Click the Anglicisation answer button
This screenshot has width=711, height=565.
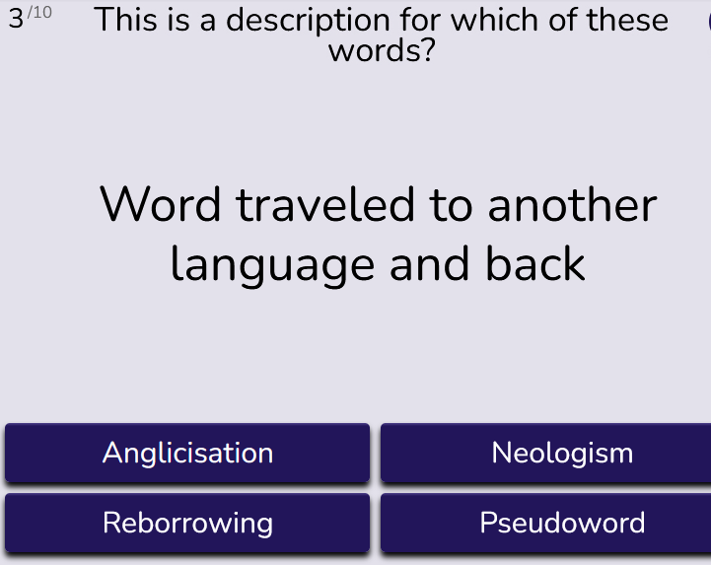click(187, 453)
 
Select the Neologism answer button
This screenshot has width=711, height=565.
click(546, 453)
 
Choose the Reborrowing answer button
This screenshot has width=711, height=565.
click(187, 523)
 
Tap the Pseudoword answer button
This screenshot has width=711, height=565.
click(546, 523)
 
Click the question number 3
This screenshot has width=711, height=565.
click(16, 19)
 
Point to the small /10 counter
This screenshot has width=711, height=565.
click(39, 12)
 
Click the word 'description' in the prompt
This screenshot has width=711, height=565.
click(308, 21)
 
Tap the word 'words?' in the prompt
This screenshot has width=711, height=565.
click(382, 50)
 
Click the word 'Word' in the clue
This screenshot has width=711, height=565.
click(160, 204)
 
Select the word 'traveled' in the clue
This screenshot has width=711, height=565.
click(325, 204)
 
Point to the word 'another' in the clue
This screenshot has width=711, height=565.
click(573, 204)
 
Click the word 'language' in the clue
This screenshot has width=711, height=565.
click(272, 265)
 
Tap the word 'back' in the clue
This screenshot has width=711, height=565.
click(535, 263)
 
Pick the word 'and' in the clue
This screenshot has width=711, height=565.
click(429, 263)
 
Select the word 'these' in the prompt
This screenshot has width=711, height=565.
click(627, 20)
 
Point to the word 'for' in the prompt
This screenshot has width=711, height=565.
click(420, 20)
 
